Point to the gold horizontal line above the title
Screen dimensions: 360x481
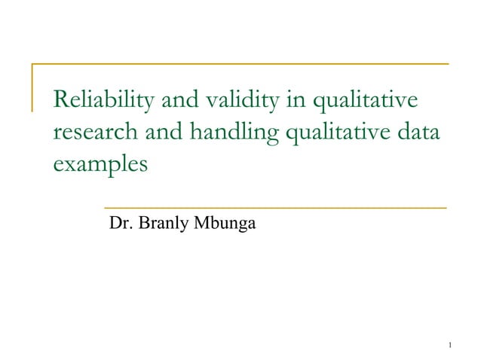[241, 64]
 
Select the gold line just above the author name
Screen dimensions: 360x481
[275, 206]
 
